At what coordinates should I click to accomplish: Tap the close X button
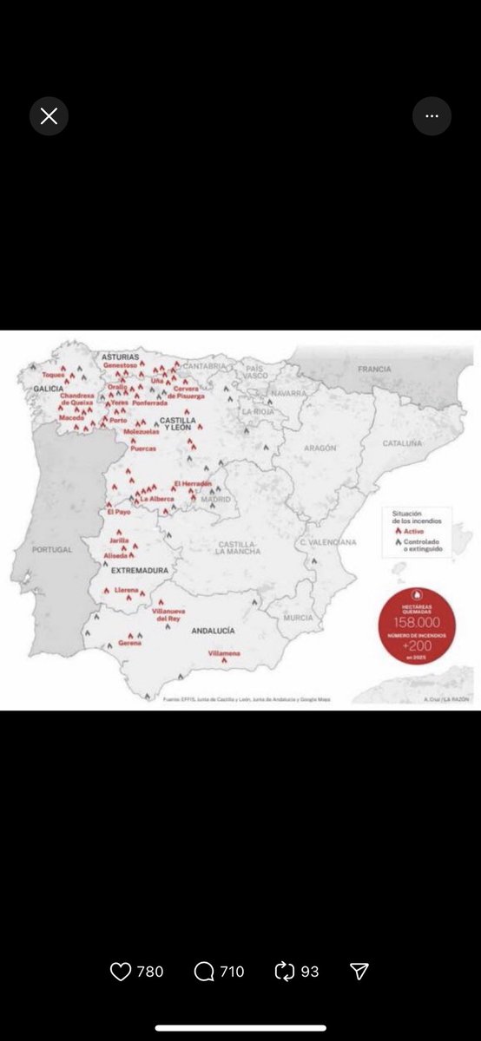(49, 116)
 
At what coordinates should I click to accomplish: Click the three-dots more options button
(432, 116)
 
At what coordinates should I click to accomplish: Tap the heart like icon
(121, 972)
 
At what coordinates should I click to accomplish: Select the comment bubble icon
(204, 972)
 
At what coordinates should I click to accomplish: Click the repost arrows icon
(285, 972)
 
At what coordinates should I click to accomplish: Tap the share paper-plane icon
(359, 972)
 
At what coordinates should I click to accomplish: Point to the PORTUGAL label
(53, 550)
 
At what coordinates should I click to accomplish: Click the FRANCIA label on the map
(374, 369)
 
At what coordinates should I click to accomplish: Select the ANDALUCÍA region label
(213, 631)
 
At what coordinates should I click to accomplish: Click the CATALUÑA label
(403, 443)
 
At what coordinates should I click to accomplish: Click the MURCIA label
(298, 618)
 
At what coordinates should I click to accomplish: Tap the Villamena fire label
(225, 652)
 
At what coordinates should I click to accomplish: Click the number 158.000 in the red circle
(417, 622)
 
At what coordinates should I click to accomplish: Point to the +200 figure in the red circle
(417, 646)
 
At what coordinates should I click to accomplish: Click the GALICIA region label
(49, 389)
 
